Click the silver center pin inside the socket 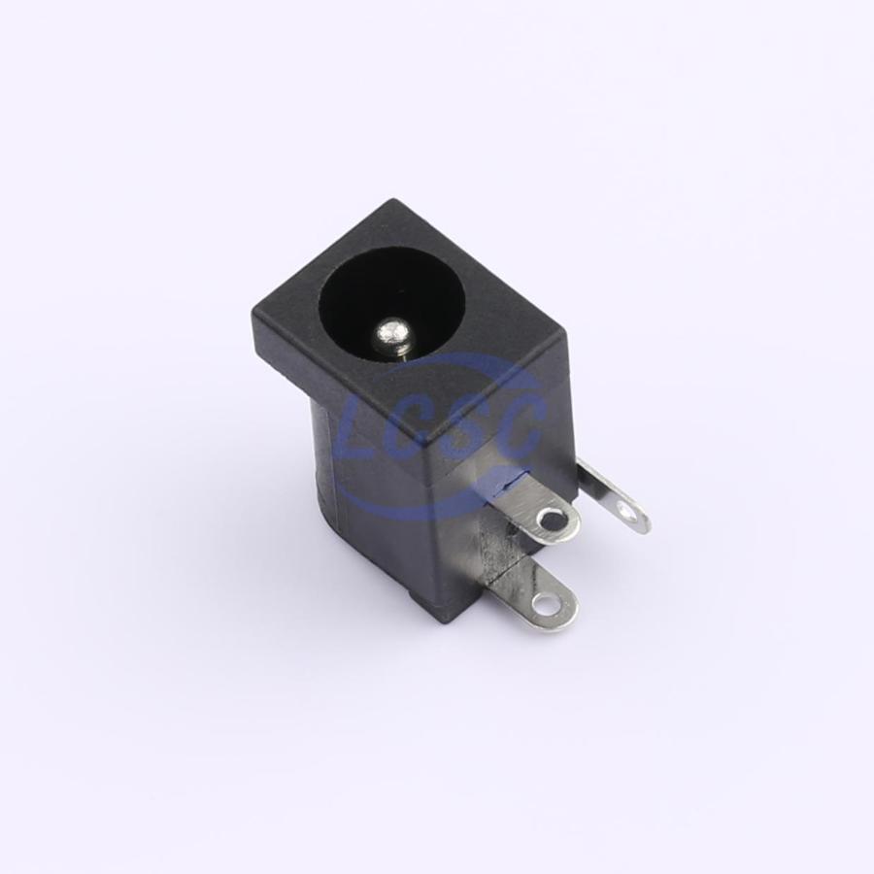pos(392,334)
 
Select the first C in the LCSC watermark pos(414,426)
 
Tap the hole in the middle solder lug pos(553,521)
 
